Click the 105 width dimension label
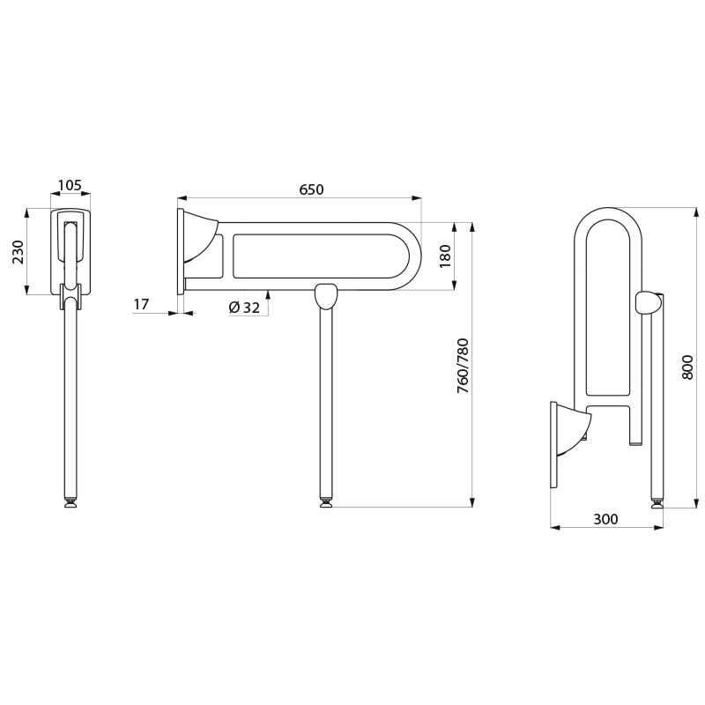[70, 185]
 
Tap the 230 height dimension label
[18, 252]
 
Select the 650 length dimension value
[311, 189]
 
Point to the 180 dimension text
[445, 256]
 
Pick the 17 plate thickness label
[141, 304]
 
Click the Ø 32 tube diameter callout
[245, 308]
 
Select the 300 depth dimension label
[605, 519]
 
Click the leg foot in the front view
[70, 502]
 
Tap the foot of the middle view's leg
[326, 502]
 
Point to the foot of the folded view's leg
[657, 502]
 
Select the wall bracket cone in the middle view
[202, 244]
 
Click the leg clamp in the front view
[70, 296]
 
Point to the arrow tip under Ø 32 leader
[269, 291]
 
